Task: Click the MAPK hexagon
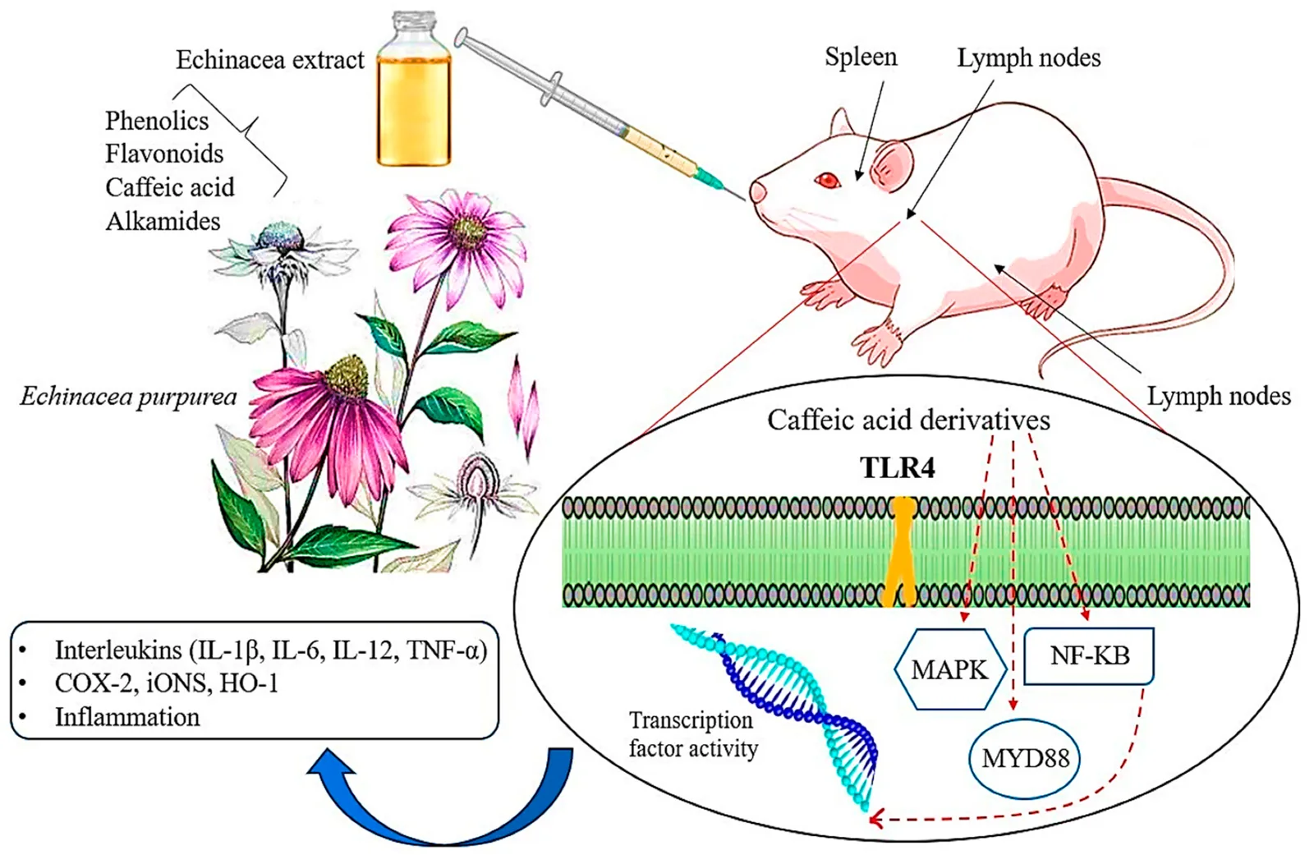pyautogui.click(x=950, y=669)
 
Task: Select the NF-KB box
pyautogui.click(x=1089, y=655)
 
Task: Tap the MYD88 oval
pyautogui.click(x=1025, y=757)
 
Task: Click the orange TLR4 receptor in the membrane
pyautogui.click(x=903, y=551)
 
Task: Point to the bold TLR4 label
pyautogui.click(x=898, y=468)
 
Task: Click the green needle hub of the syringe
pyautogui.click(x=705, y=175)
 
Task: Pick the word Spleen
pyautogui.click(x=861, y=57)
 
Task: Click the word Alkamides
pyautogui.click(x=163, y=221)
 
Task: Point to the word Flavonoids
pyautogui.click(x=164, y=154)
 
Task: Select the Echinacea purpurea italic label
pyautogui.click(x=128, y=398)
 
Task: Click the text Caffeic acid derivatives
pyautogui.click(x=908, y=420)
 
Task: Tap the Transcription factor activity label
pyautogui.click(x=692, y=734)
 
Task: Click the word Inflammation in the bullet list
pyautogui.click(x=127, y=717)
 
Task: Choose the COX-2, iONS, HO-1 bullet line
pyautogui.click(x=166, y=683)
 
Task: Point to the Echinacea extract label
pyautogui.click(x=269, y=60)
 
